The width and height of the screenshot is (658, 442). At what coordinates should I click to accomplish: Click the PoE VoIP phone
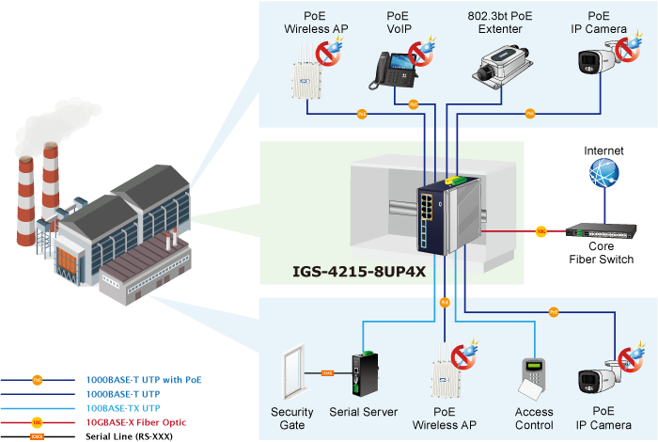398,66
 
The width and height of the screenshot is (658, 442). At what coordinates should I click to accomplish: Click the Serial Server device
363,374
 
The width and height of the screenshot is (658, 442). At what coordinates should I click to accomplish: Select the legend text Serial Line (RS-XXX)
130,436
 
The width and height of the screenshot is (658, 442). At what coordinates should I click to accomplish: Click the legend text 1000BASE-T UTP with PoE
144,380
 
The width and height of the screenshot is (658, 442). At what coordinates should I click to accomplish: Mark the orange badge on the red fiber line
540,229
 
